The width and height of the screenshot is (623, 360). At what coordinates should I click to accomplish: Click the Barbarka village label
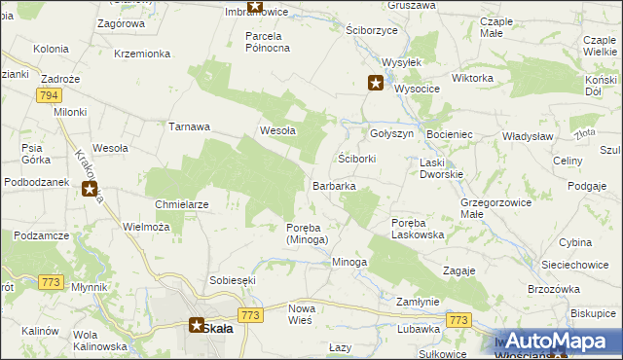(333, 185)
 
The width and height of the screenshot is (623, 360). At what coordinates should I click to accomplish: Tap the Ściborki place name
(356, 158)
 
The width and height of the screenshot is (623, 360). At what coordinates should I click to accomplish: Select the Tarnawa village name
(190, 126)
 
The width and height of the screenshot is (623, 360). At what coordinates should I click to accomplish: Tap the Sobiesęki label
(232, 280)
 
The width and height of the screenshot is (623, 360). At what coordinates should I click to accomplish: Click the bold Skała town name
(217, 329)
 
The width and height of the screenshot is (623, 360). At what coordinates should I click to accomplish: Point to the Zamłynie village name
(421, 303)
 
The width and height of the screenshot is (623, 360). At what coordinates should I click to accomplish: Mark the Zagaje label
(458, 270)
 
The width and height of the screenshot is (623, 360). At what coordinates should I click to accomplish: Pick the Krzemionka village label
(142, 54)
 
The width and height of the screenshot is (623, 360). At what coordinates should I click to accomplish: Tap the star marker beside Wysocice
(375, 84)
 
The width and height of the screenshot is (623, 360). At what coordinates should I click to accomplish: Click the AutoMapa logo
(559, 342)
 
